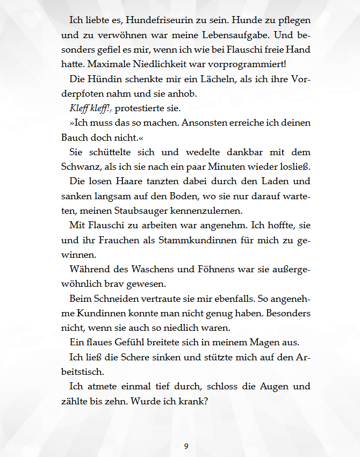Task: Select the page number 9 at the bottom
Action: point(186,446)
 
